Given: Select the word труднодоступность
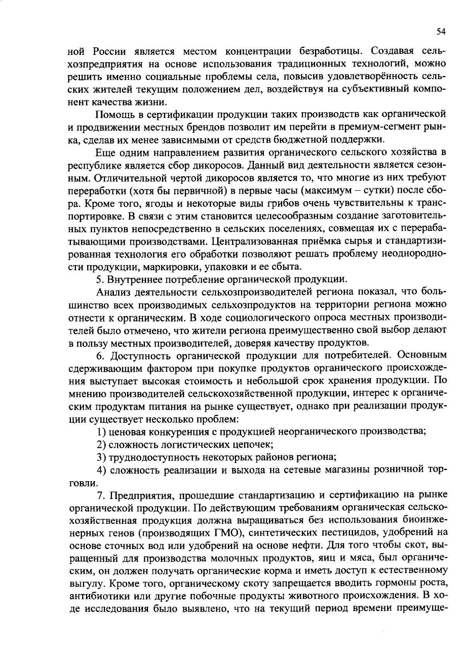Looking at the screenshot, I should coord(154,457).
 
